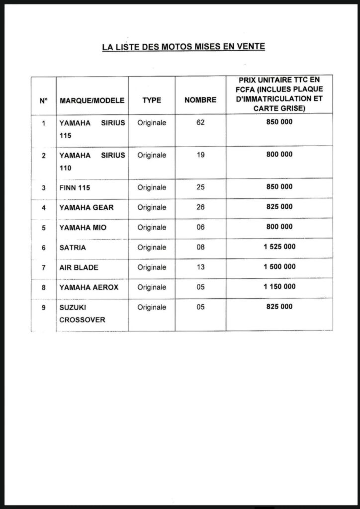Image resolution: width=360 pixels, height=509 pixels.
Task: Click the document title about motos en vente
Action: (183, 47)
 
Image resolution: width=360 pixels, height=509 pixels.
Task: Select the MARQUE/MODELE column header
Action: (92, 100)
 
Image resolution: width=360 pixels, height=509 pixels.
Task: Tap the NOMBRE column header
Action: (200, 100)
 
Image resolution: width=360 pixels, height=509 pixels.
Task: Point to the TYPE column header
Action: (152, 100)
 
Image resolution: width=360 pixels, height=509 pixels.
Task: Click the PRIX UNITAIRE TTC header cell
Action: (279, 94)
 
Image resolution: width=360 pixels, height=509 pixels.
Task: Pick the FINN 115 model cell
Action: (75, 188)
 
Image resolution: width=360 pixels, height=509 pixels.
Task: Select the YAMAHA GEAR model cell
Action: (87, 207)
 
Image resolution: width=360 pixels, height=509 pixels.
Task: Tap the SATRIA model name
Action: (73, 248)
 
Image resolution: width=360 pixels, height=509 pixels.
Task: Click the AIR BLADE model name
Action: (79, 267)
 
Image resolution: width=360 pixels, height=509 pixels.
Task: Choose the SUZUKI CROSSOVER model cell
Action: (83, 314)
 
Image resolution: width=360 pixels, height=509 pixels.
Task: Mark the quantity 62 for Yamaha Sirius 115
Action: (200, 122)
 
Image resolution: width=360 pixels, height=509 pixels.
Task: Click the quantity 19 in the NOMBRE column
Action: (200, 155)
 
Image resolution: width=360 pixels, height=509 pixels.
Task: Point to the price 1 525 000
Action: (279, 247)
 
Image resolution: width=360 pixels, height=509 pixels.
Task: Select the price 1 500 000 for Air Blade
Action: (279, 266)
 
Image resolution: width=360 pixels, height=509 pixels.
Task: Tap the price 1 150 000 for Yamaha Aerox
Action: (279, 286)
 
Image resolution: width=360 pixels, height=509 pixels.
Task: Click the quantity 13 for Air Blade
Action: (200, 267)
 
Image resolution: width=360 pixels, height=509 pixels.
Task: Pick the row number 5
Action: (44, 228)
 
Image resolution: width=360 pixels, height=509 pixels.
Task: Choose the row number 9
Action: (44, 308)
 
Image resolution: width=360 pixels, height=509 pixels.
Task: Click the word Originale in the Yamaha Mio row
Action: (152, 228)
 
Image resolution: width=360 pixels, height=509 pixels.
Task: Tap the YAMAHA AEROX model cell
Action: (89, 287)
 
